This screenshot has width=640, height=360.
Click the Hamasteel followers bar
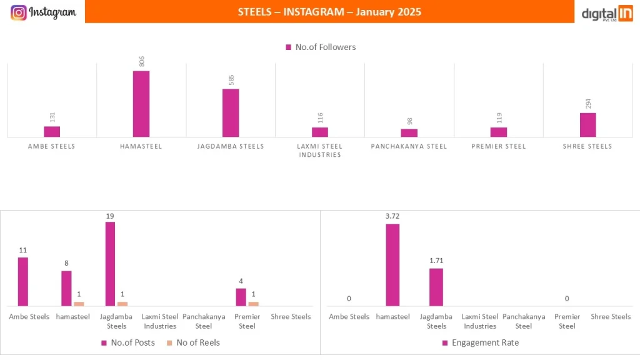(x=141, y=104)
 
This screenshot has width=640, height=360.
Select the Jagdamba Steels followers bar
(x=231, y=112)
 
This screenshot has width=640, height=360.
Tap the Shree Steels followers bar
(x=587, y=125)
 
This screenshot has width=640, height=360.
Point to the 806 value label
(x=141, y=61)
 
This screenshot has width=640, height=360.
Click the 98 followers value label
(x=409, y=121)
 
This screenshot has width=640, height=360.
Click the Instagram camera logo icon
(x=19, y=12)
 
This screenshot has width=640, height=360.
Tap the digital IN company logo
(x=607, y=13)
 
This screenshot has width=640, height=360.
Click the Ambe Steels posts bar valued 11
(x=23, y=281)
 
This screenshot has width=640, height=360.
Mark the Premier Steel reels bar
(x=253, y=304)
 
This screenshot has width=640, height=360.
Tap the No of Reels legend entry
(x=193, y=342)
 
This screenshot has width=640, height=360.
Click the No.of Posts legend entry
(x=128, y=342)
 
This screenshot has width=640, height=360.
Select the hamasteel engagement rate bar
(x=392, y=265)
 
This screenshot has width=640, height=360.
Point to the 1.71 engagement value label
(x=436, y=261)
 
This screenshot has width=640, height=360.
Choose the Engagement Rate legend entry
(x=481, y=342)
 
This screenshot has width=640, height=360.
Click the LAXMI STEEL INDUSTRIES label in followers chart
(x=320, y=150)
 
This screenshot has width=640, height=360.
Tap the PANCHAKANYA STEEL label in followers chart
(x=409, y=146)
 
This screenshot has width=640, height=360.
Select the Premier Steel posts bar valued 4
(x=241, y=297)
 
